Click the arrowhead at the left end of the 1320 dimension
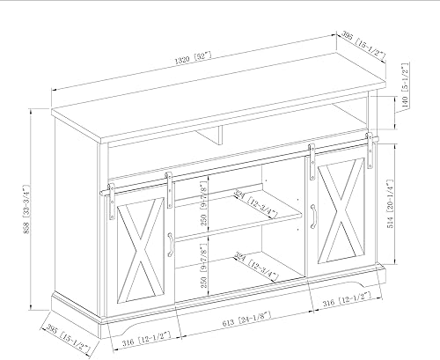click(x=52, y=90)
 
